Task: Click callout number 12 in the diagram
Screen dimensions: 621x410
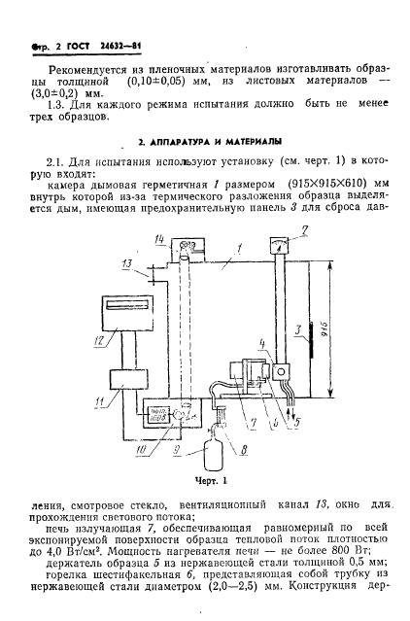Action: coord(97,340)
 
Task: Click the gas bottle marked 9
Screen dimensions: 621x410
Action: coord(206,454)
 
